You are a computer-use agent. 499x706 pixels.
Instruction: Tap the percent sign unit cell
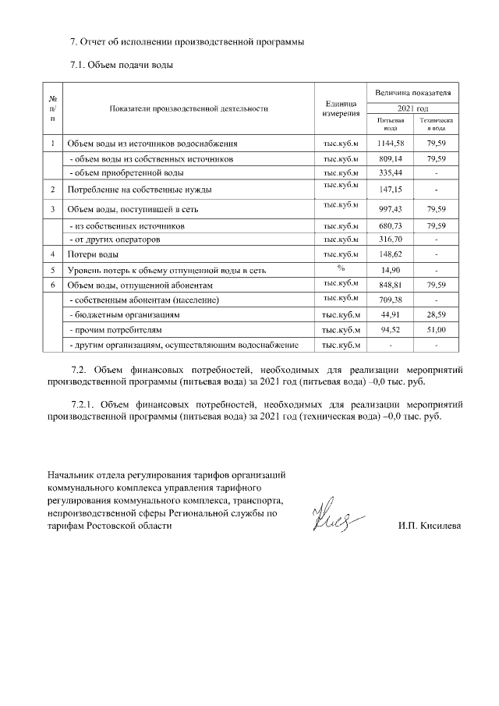click(341, 268)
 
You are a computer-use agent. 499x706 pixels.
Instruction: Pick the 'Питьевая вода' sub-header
click(390, 125)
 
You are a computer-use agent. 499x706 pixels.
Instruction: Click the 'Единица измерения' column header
click(341, 109)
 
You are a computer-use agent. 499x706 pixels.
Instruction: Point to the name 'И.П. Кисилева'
click(429, 526)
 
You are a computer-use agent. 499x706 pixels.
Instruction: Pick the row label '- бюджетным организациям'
click(125, 315)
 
